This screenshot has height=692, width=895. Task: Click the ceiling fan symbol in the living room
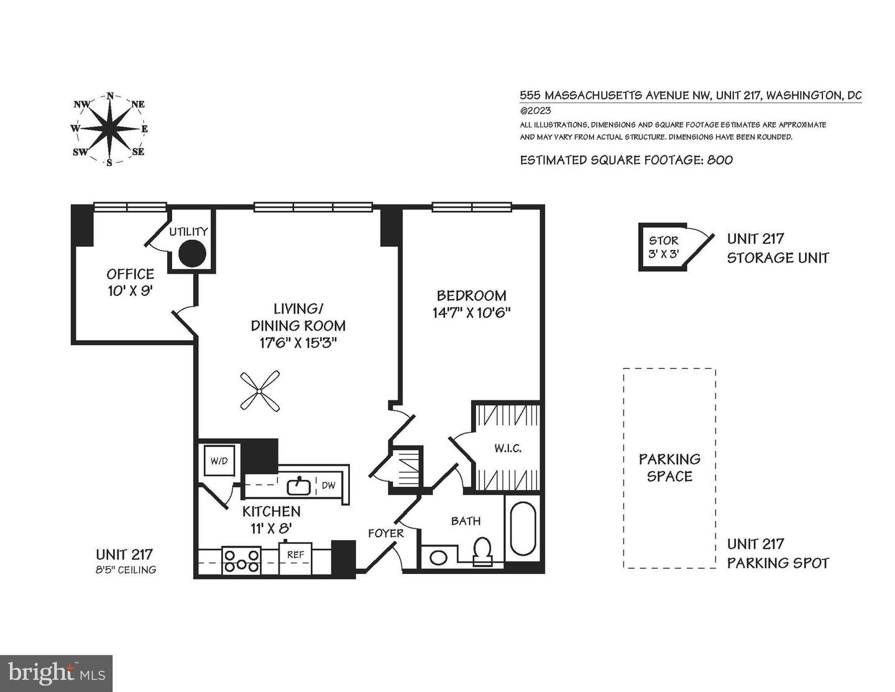coord(259,390)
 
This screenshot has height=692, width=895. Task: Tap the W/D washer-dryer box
coord(219,461)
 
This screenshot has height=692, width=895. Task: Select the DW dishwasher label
coord(328,485)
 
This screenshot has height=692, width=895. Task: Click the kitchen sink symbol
coord(300,486)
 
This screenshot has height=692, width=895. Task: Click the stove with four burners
coord(242,560)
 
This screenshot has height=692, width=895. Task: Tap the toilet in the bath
coord(482,551)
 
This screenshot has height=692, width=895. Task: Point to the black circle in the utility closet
coord(192,253)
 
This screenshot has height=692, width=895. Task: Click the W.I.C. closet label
coord(507,448)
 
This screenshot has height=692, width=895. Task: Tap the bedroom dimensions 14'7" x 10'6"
coord(471,313)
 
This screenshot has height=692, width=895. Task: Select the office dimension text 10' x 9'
coord(130,290)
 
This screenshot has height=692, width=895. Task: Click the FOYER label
coord(385,533)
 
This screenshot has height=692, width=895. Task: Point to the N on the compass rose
coord(110,96)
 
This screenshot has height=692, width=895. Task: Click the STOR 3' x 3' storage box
coord(664,247)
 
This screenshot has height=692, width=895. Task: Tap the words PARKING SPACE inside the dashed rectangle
coord(669,468)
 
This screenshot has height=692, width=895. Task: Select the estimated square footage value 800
coord(720,160)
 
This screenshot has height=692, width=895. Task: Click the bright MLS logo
coord(56,673)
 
